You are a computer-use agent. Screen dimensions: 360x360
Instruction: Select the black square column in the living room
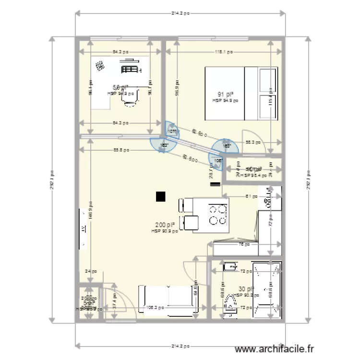(160, 196)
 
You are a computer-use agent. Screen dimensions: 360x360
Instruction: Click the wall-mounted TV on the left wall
(83, 229)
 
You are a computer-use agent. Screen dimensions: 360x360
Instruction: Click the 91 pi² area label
(226, 95)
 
